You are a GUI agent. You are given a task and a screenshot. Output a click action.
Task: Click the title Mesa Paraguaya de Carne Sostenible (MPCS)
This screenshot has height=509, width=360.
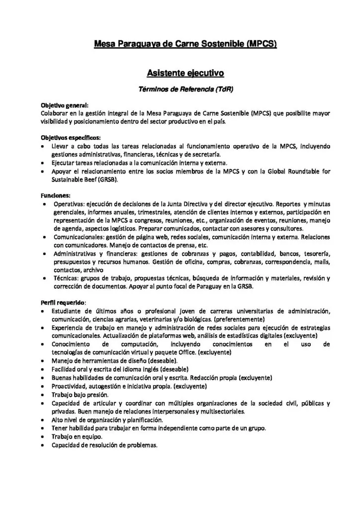(x=185, y=45)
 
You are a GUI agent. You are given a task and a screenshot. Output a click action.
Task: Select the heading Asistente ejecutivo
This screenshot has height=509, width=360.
(x=185, y=74)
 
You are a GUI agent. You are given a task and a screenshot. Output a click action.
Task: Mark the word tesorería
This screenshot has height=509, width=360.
(x=315, y=254)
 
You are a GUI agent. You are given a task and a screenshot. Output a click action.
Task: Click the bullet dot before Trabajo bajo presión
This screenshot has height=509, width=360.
(x=44, y=394)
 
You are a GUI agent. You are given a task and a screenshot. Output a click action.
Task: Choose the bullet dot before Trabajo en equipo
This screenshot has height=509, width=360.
(x=44, y=436)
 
